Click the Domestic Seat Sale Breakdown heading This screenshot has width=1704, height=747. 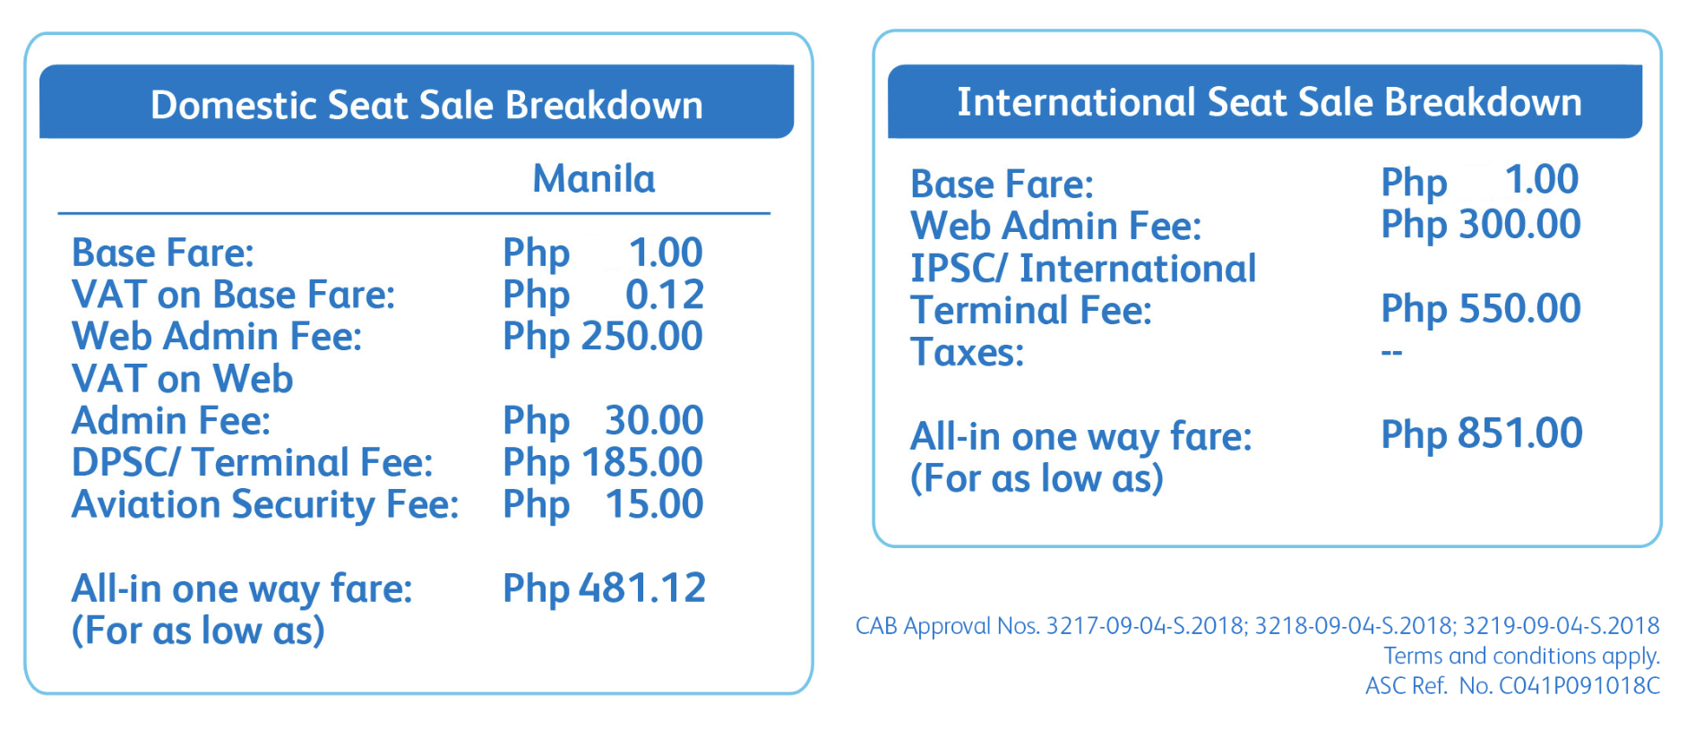(426, 106)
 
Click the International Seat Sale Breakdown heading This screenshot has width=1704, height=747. (1269, 102)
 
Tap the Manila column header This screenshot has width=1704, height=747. (594, 179)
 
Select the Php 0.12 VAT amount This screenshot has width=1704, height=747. (603, 295)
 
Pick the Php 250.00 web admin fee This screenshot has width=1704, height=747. (603, 337)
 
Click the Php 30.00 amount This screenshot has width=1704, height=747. (603, 421)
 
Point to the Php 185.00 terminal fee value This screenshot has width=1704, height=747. (603, 463)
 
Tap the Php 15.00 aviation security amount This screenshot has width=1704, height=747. (603, 505)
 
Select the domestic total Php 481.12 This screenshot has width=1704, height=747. (604, 589)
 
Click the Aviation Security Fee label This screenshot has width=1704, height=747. (265, 505)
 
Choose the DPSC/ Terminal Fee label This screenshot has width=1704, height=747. (252, 463)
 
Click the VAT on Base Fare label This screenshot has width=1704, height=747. (233, 295)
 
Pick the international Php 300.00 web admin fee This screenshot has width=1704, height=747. (1481, 225)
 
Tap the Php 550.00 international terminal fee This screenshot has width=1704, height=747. (1481, 309)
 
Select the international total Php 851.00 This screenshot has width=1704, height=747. (1482, 434)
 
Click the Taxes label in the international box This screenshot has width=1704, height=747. (968, 353)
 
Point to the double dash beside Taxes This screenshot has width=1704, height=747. (1391, 352)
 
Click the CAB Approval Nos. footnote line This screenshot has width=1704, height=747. (1258, 626)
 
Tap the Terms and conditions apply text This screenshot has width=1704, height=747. (1521, 657)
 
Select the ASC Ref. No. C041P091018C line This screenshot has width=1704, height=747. (1512, 686)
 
